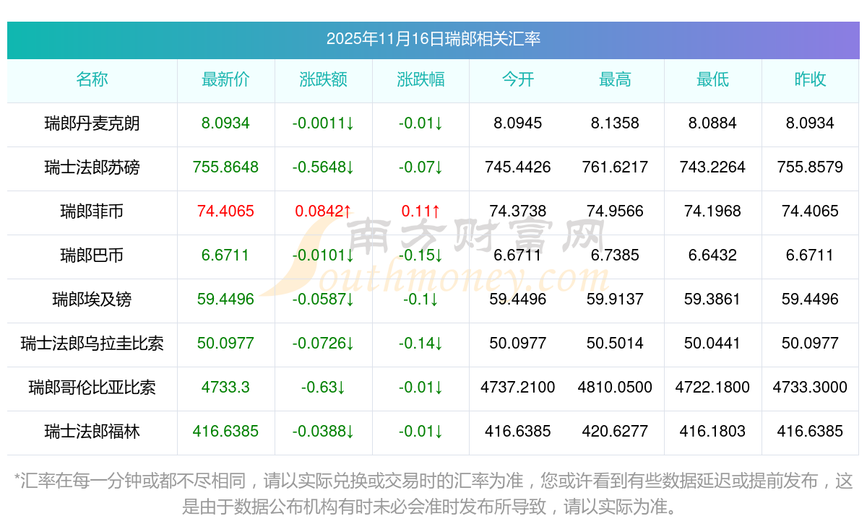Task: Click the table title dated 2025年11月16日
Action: tap(433, 39)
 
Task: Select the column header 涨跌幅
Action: tap(420, 79)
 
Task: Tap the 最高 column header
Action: tap(615, 79)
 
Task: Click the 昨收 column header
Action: tap(810, 79)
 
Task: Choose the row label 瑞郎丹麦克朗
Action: tap(92, 123)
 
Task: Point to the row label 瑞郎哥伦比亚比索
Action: tap(92, 388)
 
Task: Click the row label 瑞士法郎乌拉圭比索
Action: tap(92, 344)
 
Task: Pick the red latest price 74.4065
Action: tap(225, 211)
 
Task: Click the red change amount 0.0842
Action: tap(323, 211)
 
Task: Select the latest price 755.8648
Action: tap(225, 167)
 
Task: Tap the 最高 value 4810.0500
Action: tap(615, 388)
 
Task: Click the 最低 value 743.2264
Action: tap(712, 167)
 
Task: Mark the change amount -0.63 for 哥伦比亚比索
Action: tap(323, 388)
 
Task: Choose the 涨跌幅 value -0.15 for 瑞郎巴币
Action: tap(420, 255)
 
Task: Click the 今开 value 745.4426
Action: tap(517, 167)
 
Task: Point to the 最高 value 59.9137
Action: tap(615, 300)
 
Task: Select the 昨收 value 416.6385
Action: tap(810, 432)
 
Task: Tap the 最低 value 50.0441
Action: tap(712, 344)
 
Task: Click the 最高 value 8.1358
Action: tap(615, 123)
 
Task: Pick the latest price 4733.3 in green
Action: tap(225, 388)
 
